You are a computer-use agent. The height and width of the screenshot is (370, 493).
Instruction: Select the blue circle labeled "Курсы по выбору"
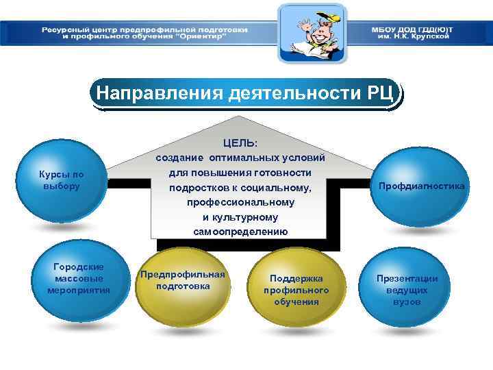[62, 180]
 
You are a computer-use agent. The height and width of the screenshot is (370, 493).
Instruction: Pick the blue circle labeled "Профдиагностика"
[416, 186]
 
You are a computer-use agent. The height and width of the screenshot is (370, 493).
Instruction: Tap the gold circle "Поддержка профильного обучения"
[296, 288]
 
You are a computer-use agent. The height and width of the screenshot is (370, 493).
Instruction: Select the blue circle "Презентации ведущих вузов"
[407, 288]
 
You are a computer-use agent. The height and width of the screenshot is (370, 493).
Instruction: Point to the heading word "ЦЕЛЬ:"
[240, 143]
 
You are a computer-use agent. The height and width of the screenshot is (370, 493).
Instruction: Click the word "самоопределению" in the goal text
[240, 232]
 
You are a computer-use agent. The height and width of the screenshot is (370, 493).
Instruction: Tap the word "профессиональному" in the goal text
[240, 202]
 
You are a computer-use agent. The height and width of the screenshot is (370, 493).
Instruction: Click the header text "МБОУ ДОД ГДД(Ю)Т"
[412, 29]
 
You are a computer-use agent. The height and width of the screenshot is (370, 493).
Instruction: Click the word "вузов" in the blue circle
[407, 302]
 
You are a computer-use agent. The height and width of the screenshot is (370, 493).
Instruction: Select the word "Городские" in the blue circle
[79, 267]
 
